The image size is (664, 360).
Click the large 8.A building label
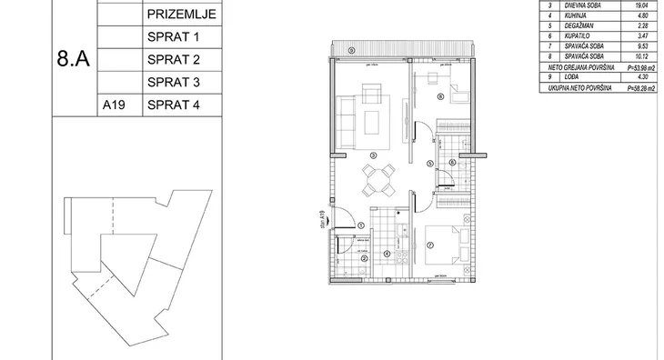(72, 61)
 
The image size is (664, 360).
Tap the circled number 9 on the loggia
(352, 51)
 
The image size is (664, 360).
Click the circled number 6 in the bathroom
(452, 164)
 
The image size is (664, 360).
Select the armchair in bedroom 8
(455, 94)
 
